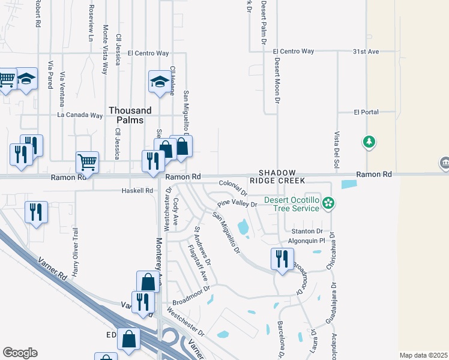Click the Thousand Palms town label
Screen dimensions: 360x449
tap(126, 115)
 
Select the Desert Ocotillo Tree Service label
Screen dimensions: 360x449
tap(292, 204)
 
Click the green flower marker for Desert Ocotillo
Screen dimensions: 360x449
tap(328, 203)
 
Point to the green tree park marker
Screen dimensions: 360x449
tap(369, 142)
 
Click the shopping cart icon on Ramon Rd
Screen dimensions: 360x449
tap(88, 161)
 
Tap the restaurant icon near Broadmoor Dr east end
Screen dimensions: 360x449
tap(282, 259)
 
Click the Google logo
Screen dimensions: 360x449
tap(20, 353)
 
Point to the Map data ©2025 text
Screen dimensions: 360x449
tap(423, 355)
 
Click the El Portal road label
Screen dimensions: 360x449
tap(364, 112)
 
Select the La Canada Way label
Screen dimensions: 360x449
tap(80, 115)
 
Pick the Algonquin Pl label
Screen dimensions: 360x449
tap(306, 240)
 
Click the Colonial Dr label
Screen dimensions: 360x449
tap(234, 187)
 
